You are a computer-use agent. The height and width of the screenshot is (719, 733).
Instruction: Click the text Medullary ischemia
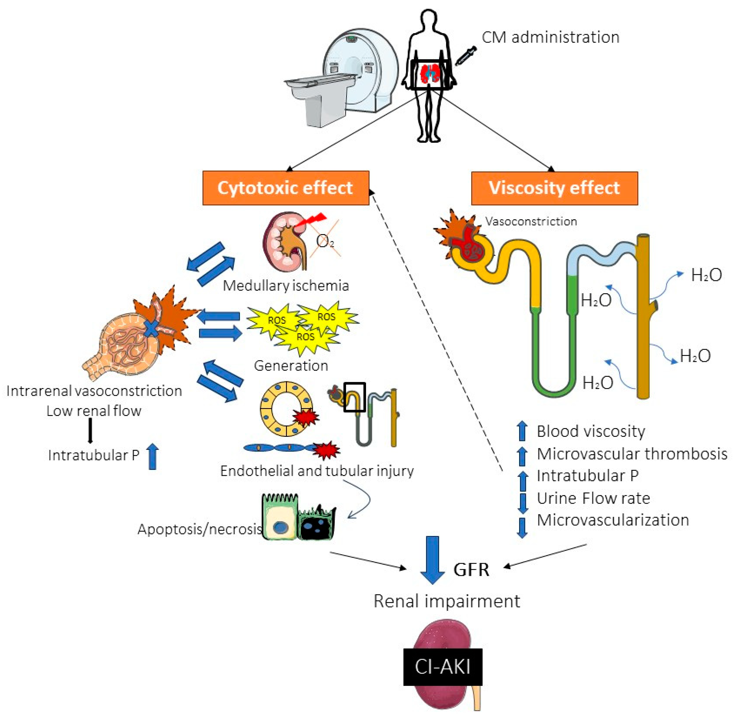click(286, 285)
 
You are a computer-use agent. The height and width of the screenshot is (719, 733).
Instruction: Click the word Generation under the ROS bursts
click(291, 366)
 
